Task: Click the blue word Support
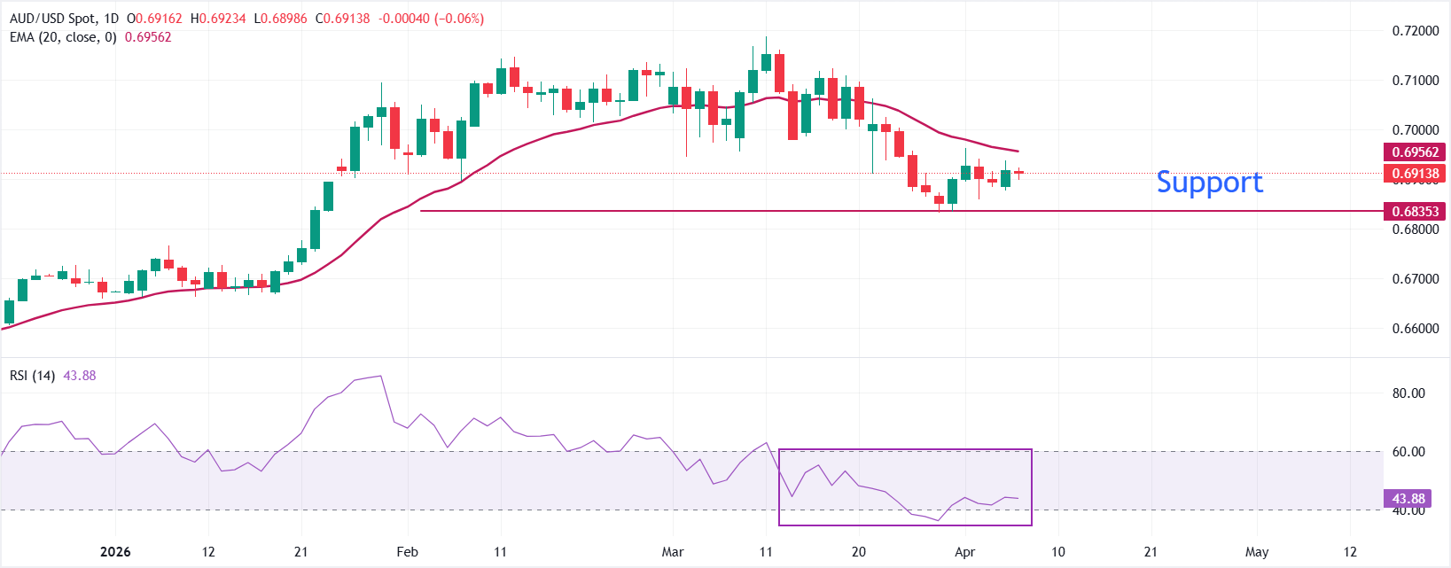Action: click(1209, 182)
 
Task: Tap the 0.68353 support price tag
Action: click(1415, 211)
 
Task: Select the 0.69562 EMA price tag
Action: click(1415, 152)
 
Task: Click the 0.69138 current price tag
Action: click(1415, 174)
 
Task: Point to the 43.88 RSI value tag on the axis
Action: click(1408, 499)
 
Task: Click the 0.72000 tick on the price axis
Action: click(1416, 31)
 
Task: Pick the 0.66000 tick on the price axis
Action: click(1416, 329)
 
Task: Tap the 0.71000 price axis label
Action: click(1416, 81)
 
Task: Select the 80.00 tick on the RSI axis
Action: click(1408, 393)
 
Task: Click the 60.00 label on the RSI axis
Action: click(1408, 452)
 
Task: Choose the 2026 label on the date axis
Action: click(115, 552)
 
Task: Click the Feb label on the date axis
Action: click(407, 552)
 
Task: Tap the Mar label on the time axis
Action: click(673, 552)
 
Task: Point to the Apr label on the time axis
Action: click(964, 552)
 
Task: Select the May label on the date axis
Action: click(1257, 552)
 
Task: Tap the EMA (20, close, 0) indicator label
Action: click(63, 37)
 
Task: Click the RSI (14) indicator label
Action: click(32, 376)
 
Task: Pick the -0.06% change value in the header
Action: click(459, 19)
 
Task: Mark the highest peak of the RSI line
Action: click(381, 377)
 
